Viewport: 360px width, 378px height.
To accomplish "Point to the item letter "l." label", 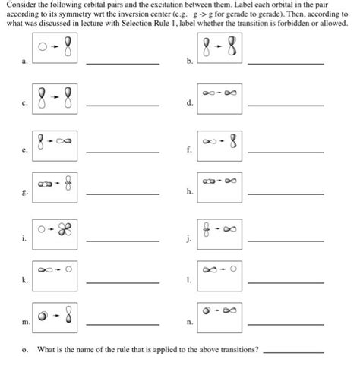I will pos(188,280).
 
